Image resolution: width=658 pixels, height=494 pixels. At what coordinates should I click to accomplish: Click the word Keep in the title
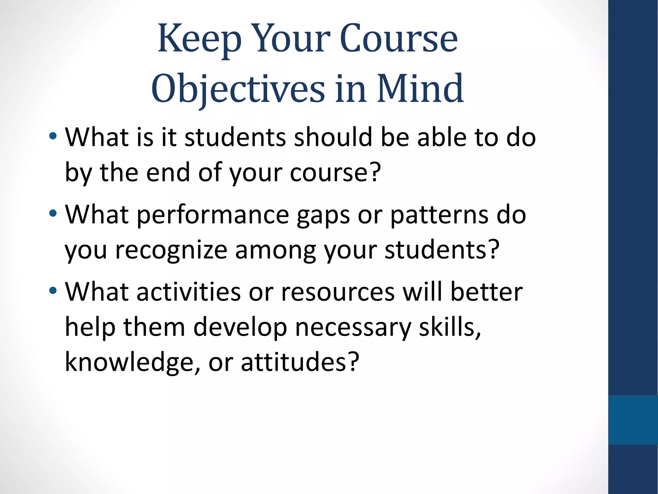pos(199,39)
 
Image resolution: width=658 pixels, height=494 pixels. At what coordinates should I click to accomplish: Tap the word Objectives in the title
pos(238,89)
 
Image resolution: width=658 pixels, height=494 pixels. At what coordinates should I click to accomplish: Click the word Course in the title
pos(398,39)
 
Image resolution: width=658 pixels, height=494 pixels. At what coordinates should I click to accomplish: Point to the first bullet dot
pos(53,136)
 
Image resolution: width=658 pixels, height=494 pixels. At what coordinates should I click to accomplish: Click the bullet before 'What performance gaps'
pos(53,213)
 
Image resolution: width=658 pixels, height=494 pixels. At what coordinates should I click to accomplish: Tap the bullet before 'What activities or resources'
pos(53,291)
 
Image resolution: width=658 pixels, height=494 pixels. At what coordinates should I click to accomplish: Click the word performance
pos(213,215)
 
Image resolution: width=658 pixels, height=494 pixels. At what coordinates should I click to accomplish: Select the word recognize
pos(171,250)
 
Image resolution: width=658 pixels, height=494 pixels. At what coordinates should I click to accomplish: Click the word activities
pos(189,291)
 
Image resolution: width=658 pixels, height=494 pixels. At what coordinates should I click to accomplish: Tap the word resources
pos(338,292)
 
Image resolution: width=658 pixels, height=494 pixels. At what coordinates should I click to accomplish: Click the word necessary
pos(353,327)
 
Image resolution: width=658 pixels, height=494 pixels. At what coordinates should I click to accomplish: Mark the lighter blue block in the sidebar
pos(633,420)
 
